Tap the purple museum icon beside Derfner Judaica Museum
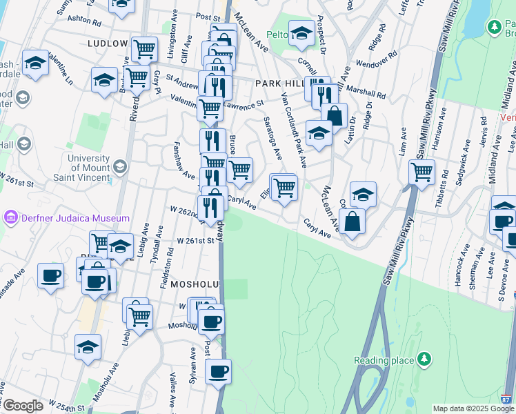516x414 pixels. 10,218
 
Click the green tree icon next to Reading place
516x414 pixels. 425,360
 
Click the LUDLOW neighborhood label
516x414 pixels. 108,43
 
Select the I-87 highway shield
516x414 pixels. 507,399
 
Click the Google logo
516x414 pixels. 22,406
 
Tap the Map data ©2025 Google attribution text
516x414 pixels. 473,408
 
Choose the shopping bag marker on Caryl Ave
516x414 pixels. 352,221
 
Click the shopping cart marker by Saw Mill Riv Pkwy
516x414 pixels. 421,171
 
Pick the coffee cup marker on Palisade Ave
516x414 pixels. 50,275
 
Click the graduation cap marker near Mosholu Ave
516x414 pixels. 88,347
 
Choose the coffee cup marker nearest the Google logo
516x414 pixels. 218,371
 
